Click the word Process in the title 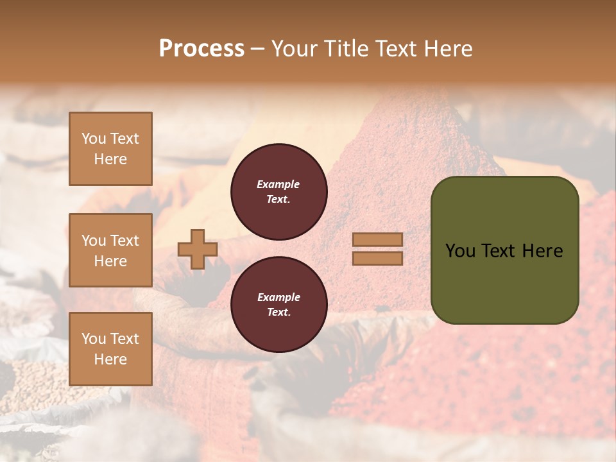pyautogui.click(x=201, y=49)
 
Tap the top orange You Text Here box pyautogui.click(x=110, y=149)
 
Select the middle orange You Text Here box pyautogui.click(x=110, y=250)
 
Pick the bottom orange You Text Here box pyautogui.click(x=110, y=349)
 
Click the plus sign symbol pyautogui.click(x=197, y=249)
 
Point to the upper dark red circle pyautogui.click(x=278, y=192)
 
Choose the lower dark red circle pyautogui.click(x=278, y=305)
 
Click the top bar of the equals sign pyautogui.click(x=378, y=240)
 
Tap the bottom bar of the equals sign pyautogui.click(x=378, y=258)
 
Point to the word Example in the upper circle pyautogui.click(x=278, y=184)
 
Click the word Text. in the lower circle pyautogui.click(x=278, y=312)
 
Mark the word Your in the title pyautogui.click(x=295, y=49)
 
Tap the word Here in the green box pyautogui.click(x=543, y=251)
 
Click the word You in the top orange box pyautogui.click(x=94, y=139)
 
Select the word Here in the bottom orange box pyautogui.click(x=110, y=359)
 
